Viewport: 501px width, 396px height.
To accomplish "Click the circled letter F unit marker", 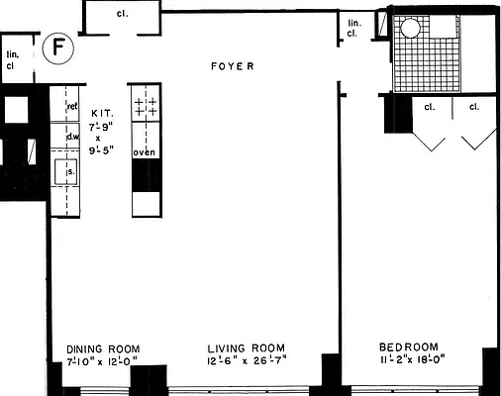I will click(59, 47).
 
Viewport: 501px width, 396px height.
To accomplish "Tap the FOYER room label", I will click(233, 66).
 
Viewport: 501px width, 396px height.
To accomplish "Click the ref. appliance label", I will click(72, 106).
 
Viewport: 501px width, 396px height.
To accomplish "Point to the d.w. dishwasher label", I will click(72, 138).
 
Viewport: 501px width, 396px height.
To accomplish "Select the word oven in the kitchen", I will click(145, 151).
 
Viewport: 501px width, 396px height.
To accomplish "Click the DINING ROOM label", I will click(103, 349).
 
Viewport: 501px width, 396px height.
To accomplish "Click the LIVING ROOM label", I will click(247, 349).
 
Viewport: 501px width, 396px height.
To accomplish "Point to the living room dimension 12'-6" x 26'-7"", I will click(247, 362).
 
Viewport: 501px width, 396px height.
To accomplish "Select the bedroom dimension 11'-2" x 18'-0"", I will click(413, 361).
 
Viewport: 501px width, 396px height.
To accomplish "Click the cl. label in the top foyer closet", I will click(122, 14).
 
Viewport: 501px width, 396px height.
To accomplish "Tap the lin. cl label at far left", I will click(14, 59).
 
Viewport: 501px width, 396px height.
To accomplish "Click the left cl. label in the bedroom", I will click(432, 106).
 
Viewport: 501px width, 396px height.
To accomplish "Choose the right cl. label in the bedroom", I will click(474, 106).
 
